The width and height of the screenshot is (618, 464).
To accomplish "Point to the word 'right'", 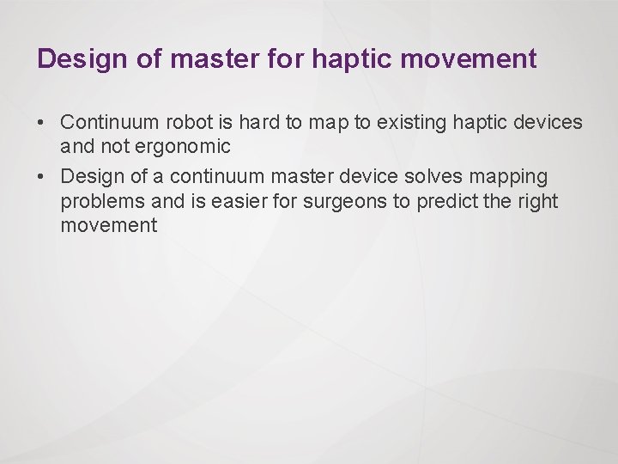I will point(538,201).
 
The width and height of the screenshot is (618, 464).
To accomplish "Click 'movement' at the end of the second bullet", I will point(109,226).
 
